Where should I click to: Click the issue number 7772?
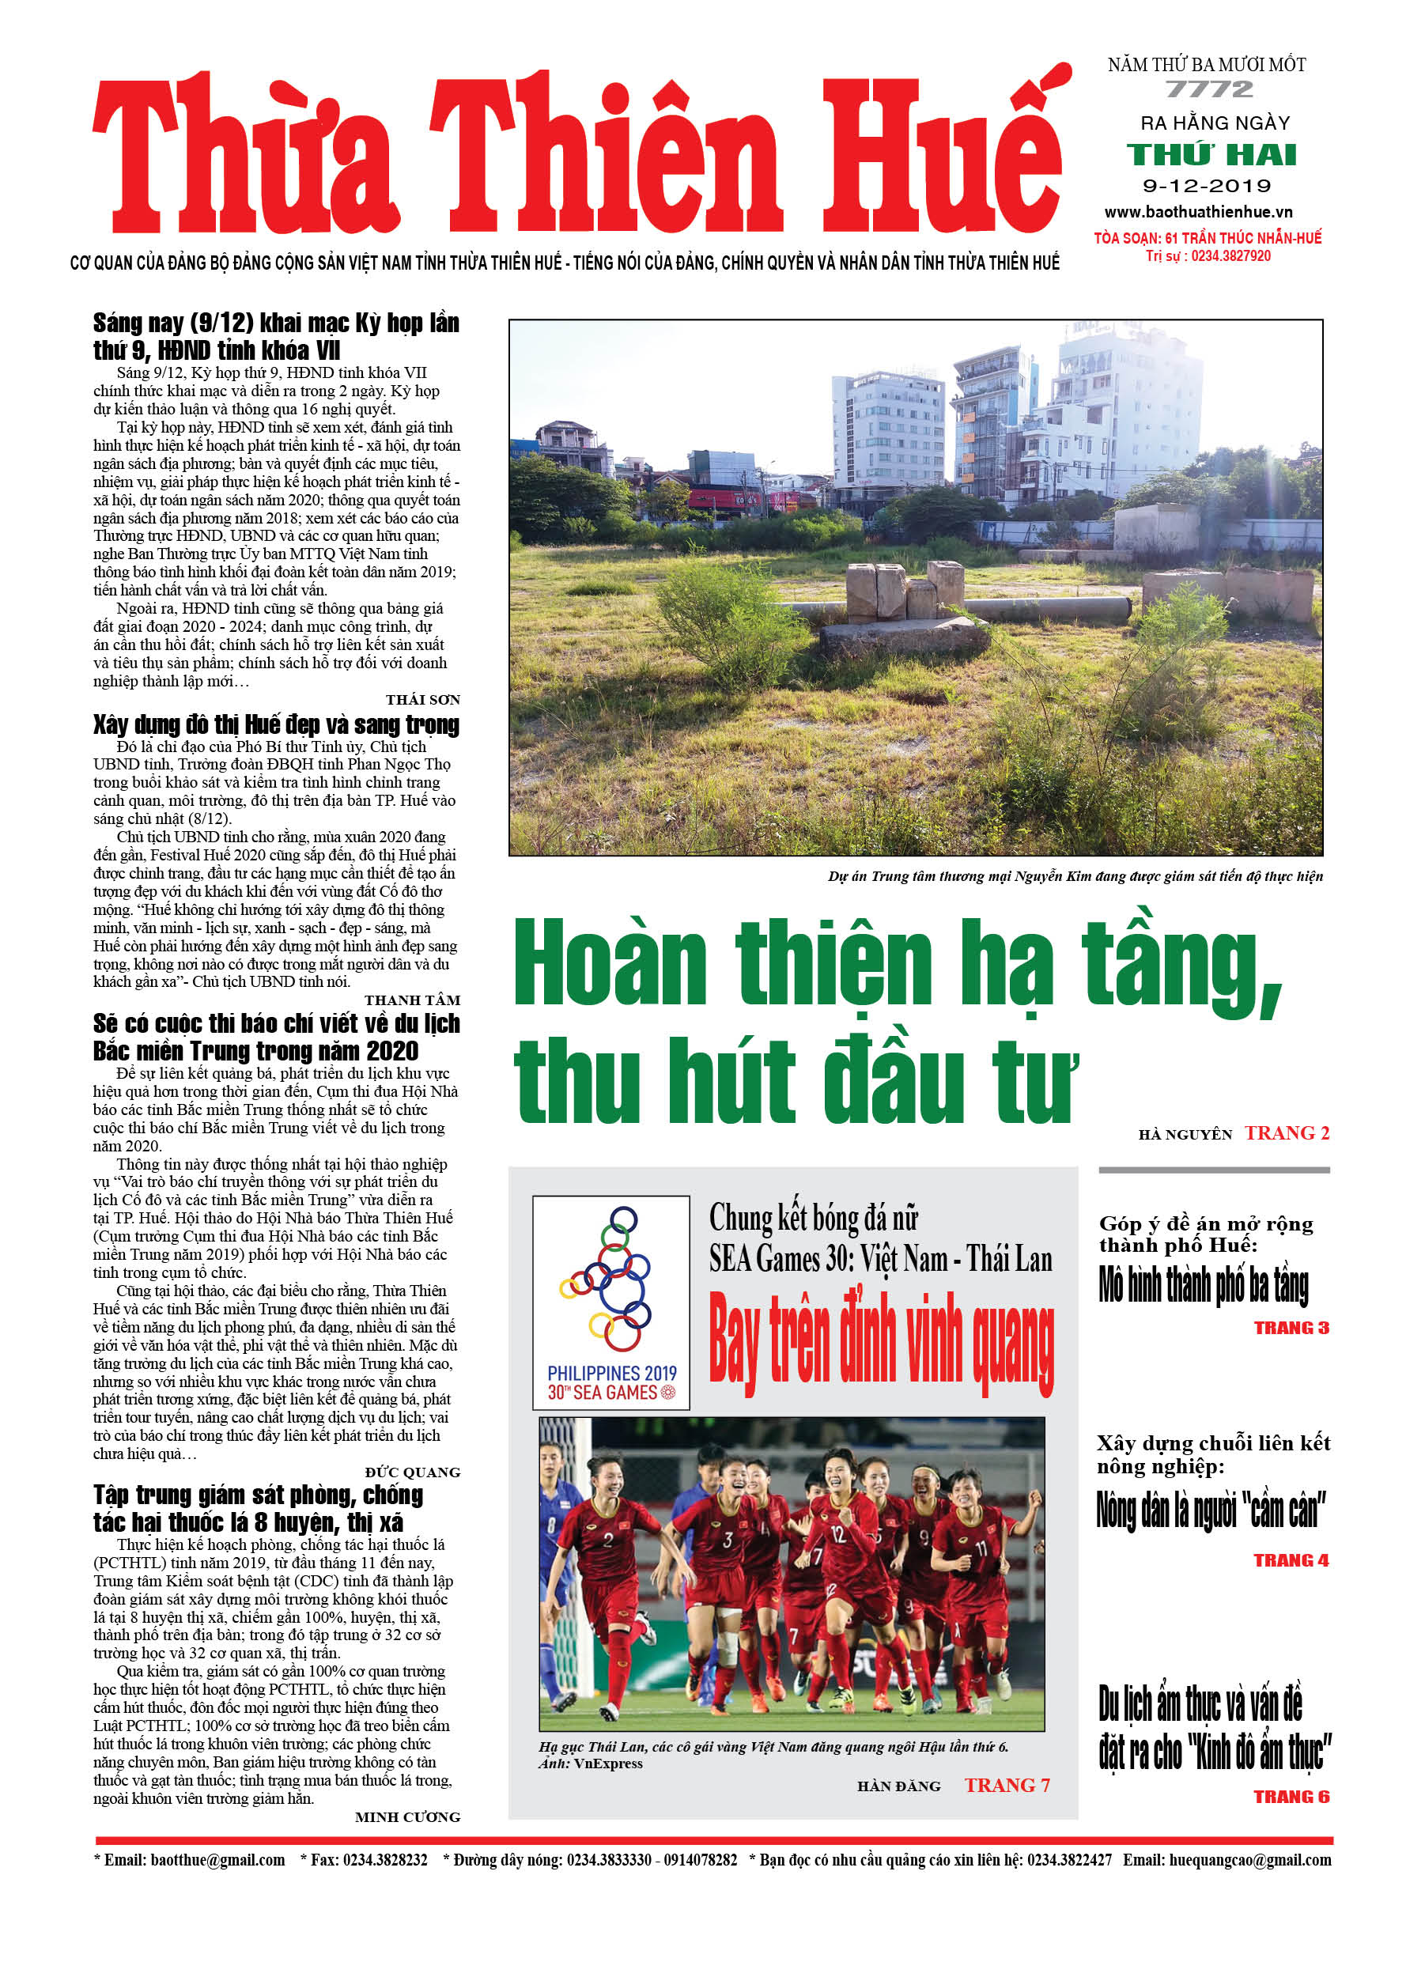pyautogui.click(x=1208, y=89)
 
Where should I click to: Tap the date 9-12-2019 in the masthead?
pyautogui.click(x=1207, y=186)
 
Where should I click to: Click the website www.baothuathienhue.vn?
pyautogui.click(x=1198, y=212)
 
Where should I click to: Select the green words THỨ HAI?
pyautogui.click(x=1211, y=155)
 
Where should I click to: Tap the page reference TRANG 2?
pyautogui.click(x=1287, y=1133)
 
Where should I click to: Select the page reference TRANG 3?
pyautogui.click(x=1291, y=1328)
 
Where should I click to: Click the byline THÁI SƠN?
pyautogui.click(x=422, y=700)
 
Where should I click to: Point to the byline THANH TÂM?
pyautogui.click(x=412, y=1000)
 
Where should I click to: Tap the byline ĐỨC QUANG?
pyautogui.click(x=412, y=1472)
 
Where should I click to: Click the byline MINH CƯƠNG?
pyautogui.click(x=406, y=1817)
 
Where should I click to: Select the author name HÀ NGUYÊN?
pyautogui.click(x=1185, y=1135)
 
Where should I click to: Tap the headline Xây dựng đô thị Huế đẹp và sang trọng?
pyautogui.click(x=276, y=725)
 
